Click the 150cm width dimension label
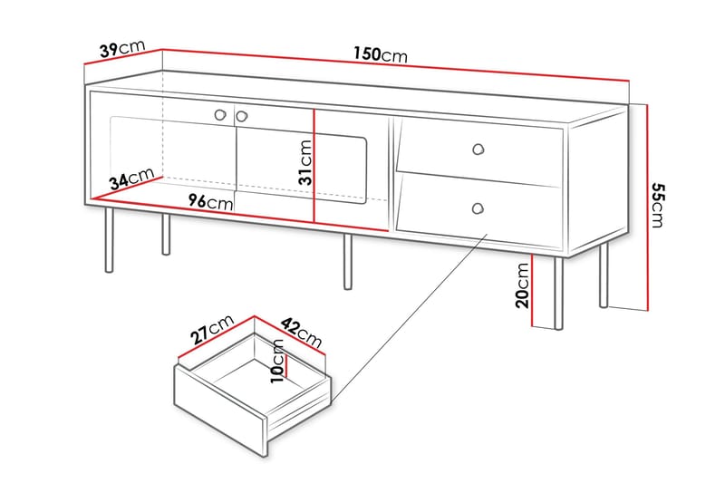[380, 54]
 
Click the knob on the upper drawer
[478, 148]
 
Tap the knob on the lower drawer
[477, 209]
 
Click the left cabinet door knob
[221, 115]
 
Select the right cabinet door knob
[242, 115]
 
